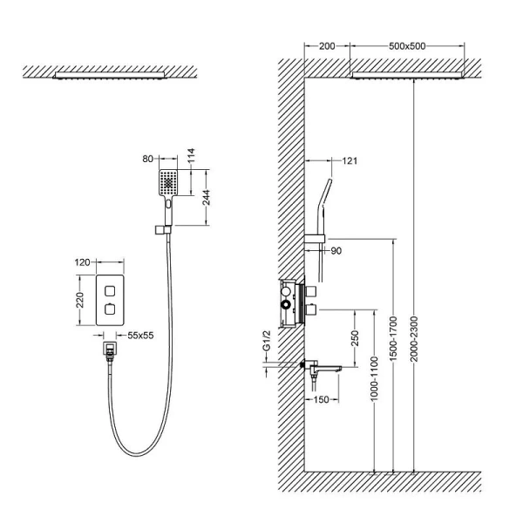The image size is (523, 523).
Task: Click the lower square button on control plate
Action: (112, 309)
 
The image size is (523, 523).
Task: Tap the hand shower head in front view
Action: (166, 183)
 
